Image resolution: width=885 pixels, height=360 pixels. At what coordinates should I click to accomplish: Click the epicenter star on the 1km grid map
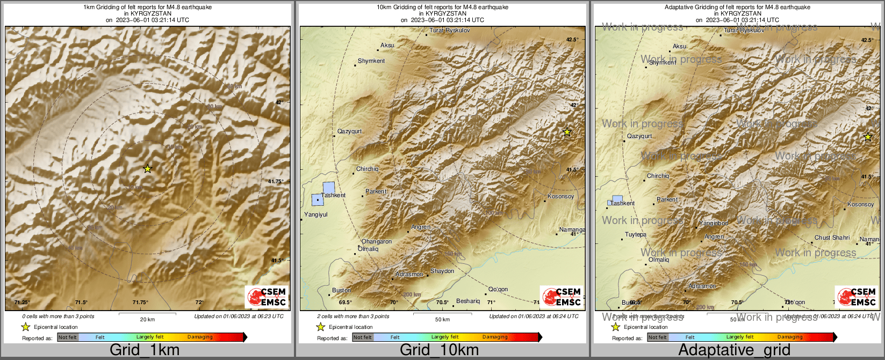(x=148, y=169)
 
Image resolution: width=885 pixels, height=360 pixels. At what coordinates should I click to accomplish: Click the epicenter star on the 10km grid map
(x=567, y=132)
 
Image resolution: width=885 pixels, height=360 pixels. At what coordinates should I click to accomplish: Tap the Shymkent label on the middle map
(x=371, y=61)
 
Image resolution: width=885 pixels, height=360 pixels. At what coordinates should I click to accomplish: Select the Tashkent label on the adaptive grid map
(x=623, y=204)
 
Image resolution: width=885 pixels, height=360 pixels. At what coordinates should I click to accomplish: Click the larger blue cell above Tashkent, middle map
(x=328, y=188)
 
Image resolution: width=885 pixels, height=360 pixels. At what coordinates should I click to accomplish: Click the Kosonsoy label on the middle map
(x=560, y=197)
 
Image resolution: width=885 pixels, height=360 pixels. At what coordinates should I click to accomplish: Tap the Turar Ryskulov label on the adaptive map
(x=744, y=31)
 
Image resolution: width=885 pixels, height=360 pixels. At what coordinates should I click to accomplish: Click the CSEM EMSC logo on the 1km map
(x=267, y=297)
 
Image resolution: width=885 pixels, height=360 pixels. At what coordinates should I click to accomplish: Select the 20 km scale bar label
(x=147, y=320)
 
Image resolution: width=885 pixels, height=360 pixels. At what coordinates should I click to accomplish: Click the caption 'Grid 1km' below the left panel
(x=145, y=350)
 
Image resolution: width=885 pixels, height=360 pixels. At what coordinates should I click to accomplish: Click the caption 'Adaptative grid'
(x=734, y=350)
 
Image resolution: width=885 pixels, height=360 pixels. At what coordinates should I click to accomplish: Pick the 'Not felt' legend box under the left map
(x=68, y=337)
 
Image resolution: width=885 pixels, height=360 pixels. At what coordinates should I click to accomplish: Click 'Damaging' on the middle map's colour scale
(x=494, y=337)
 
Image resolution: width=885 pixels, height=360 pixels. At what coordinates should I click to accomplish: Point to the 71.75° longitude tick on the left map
(x=140, y=303)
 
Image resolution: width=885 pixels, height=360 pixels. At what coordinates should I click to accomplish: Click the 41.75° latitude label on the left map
(x=276, y=182)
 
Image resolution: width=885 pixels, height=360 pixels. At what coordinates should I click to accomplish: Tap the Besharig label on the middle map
(x=467, y=301)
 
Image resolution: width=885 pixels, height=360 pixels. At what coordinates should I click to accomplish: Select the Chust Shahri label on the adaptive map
(x=832, y=237)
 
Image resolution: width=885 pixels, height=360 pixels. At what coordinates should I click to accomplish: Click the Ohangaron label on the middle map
(x=376, y=242)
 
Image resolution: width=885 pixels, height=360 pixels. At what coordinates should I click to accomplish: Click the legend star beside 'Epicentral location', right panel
(x=616, y=327)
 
